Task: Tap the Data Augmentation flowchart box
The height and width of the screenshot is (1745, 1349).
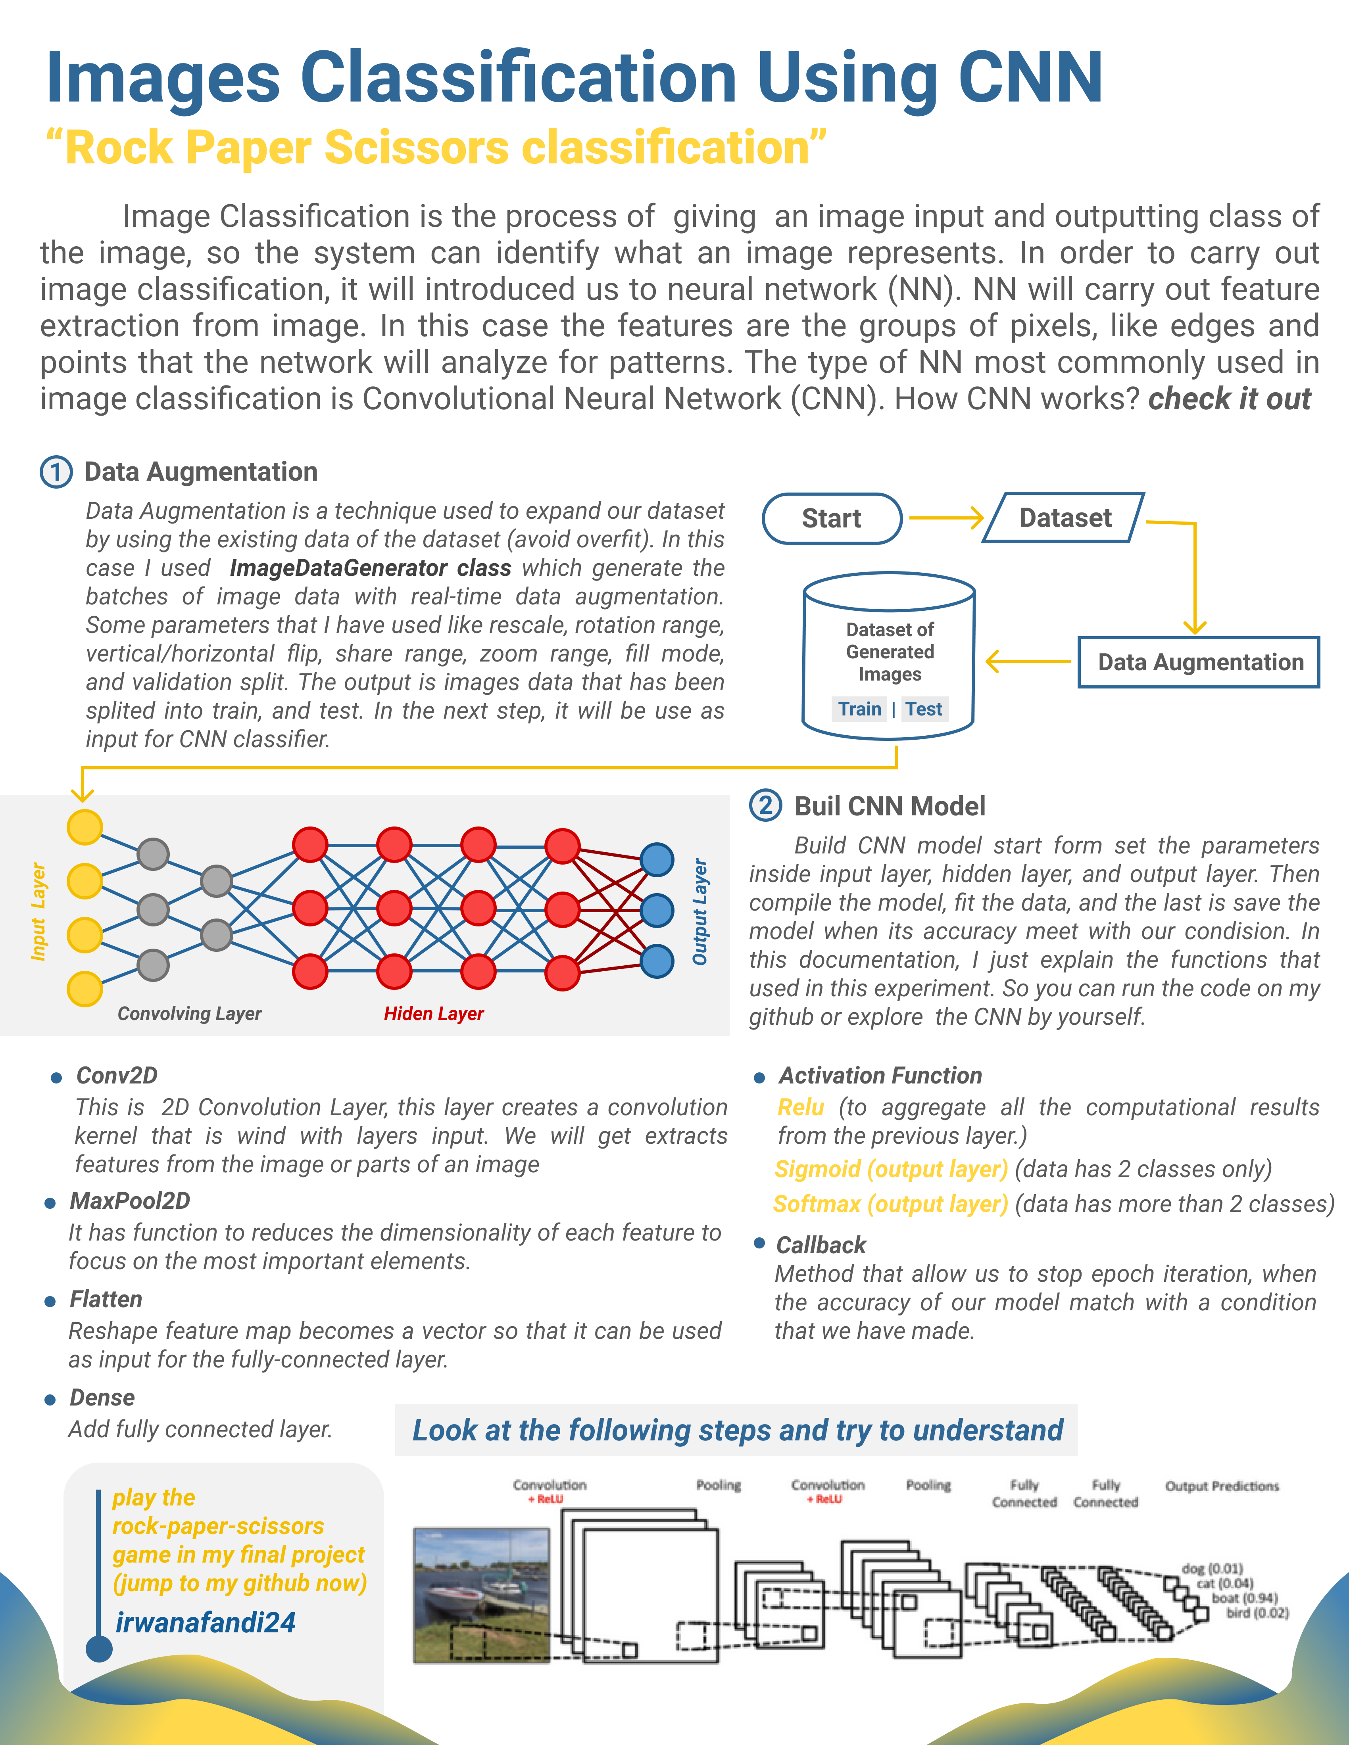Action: pos(1199,662)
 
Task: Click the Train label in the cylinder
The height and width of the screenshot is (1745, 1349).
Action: pos(859,709)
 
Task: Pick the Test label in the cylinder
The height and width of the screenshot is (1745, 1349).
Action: pos(924,709)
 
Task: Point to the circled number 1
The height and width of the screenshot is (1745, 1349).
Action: pos(56,472)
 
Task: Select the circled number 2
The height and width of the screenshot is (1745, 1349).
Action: pos(766,805)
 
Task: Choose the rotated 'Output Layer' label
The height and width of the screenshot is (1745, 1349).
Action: pos(700,912)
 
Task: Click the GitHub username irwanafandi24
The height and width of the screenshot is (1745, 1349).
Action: pos(206,1623)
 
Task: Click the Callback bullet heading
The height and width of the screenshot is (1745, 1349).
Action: pos(821,1245)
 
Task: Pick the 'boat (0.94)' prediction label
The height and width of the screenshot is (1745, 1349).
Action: pos(1244,1598)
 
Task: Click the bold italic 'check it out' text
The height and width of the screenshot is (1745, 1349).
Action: pos(1229,399)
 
